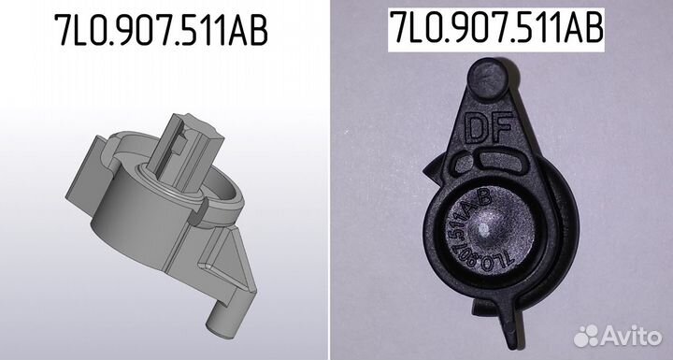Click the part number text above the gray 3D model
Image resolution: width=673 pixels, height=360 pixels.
tap(161, 30)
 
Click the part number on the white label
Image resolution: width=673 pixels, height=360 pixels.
tap(496, 28)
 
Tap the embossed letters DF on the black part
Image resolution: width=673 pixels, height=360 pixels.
tap(489, 127)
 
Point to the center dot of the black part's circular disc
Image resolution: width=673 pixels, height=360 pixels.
tap(483, 230)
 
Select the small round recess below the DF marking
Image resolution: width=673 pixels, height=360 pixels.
tap(463, 163)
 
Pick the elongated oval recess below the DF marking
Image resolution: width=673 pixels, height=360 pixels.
tap(501, 161)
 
